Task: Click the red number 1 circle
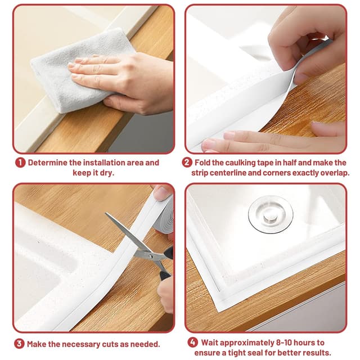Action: pyautogui.click(x=20, y=163)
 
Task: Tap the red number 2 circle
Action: pyautogui.click(x=187, y=163)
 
